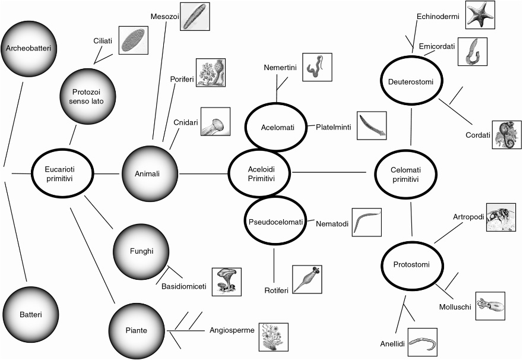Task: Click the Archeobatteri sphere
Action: pos(30,47)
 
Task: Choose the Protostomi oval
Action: pos(411,264)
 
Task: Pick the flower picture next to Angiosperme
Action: pos(273,337)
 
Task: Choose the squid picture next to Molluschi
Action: pos(490,306)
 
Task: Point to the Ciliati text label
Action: pos(104,41)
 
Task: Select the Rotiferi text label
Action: pos(276,290)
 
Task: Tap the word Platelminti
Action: pos(333,127)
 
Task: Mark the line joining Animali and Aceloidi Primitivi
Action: pos(204,173)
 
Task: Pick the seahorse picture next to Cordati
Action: pos(506,134)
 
